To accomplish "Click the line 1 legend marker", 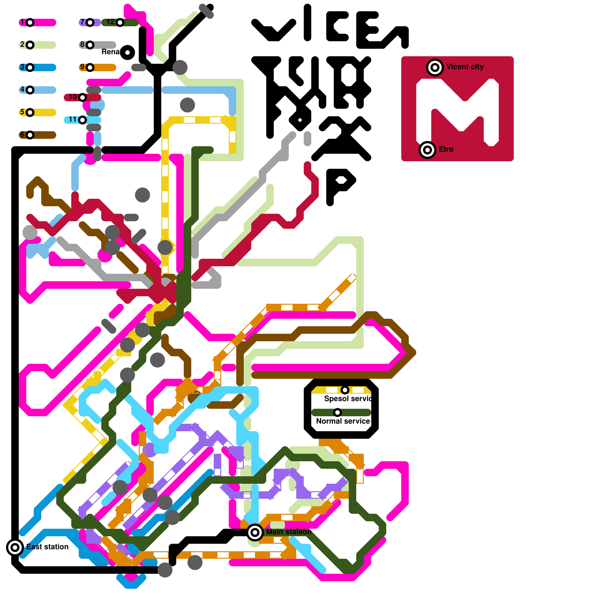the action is (x=30, y=22).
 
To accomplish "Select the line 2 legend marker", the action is (x=30, y=45).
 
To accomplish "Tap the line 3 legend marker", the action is (x=30, y=67).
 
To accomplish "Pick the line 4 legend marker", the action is (x=30, y=90).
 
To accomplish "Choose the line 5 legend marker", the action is (x=30, y=112).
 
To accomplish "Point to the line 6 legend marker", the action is (x=30, y=135).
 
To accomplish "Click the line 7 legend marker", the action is (x=90, y=22).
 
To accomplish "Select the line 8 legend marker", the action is (x=90, y=45).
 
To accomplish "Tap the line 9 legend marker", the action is (x=90, y=67).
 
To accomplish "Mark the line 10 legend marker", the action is (x=82, y=97).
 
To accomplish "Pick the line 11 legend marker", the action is (x=82, y=120).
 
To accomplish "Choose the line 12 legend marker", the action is (x=120, y=22).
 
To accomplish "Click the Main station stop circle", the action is (x=255, y=532).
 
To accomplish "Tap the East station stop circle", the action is (x=15, y=547).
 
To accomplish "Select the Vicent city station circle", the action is (x=435, y=67).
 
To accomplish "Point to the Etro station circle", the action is (x=427, y=150).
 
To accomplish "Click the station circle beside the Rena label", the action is (x=127, y=52).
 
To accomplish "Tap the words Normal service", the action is (x=343, y=421).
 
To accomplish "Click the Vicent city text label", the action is (x=465, y=67).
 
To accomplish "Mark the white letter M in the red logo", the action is (x=457, y=112).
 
